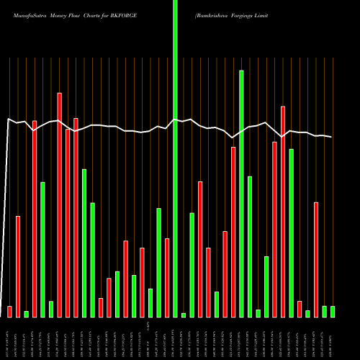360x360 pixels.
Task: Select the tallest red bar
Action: click(x=59, y=205)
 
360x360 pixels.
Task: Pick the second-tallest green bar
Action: click(x=241, y=194)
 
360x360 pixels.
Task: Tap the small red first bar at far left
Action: click(x=9, y=311)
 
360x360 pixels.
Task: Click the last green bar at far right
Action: click(x=333, y=311)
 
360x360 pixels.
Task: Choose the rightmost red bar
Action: click(x=316, y=259)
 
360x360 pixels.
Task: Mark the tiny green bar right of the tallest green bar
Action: click(x=184, y=315)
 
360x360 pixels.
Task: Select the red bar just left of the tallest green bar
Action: click(x=167, y=277)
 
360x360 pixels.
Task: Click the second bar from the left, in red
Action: click(x=18, y=266)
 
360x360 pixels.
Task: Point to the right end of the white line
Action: click(x=332, y=137)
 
